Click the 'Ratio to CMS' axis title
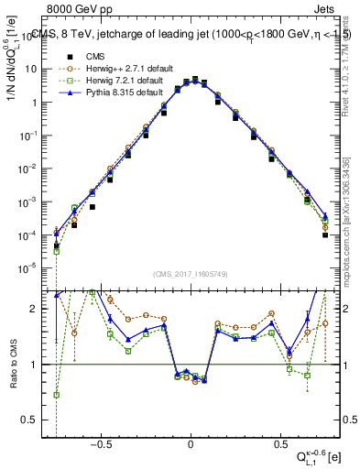click(14, 360)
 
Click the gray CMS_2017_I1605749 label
click(191, 274)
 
